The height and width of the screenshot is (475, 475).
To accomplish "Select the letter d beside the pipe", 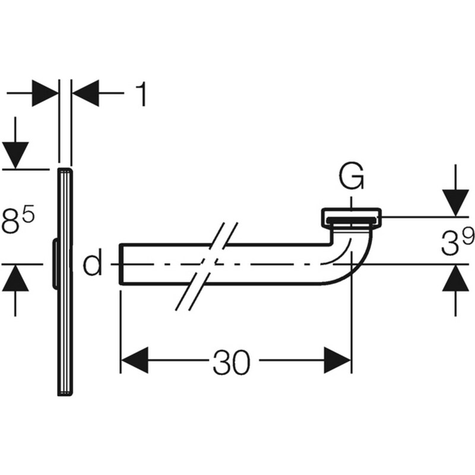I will (92, 264).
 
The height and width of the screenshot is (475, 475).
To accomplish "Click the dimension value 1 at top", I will (141, 93).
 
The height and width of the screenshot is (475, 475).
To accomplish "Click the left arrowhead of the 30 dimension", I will (133, 360).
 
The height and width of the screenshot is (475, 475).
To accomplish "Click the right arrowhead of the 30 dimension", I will (338, 360).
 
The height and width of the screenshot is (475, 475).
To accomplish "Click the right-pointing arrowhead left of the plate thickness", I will (45, 93).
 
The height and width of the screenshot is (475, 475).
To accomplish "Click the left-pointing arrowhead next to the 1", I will (86, 93).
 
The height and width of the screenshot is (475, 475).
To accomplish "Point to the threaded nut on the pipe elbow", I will (353, 218).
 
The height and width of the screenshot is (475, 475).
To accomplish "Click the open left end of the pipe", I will (121, 264).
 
